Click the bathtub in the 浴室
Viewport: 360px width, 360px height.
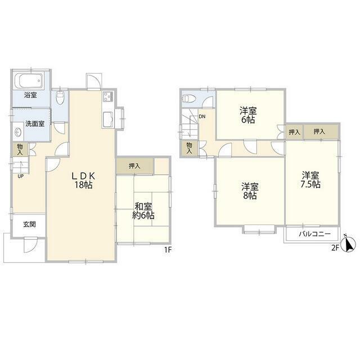coord(29,80)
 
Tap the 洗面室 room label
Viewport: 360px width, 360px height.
coord(35,124)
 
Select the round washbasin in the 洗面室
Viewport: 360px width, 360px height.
coord(18,132)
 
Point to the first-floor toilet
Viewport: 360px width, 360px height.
coord(60,98)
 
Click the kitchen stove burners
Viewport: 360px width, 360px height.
coord(107,96)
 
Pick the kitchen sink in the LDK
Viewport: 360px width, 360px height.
coord(108,120)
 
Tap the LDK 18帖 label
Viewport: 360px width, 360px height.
coord(83,181)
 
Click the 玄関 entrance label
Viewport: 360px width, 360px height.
coord(29,224)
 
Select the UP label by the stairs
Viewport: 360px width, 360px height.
coord(21,176)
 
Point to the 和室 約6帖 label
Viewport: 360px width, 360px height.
coord(143,211)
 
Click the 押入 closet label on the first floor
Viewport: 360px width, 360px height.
coord(134,166)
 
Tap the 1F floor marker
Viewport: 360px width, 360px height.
coord(168,250)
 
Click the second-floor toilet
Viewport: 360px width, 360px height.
coord(189,99)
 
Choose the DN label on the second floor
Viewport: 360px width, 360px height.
coord(202,116)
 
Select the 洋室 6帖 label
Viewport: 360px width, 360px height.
coord(248,115)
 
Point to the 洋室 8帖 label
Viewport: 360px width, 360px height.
coord(250,191)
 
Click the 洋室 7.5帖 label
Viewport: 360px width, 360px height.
coord(310,180)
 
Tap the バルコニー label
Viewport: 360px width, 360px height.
coord(315,234)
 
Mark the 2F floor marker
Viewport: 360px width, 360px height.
coord(335,248)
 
